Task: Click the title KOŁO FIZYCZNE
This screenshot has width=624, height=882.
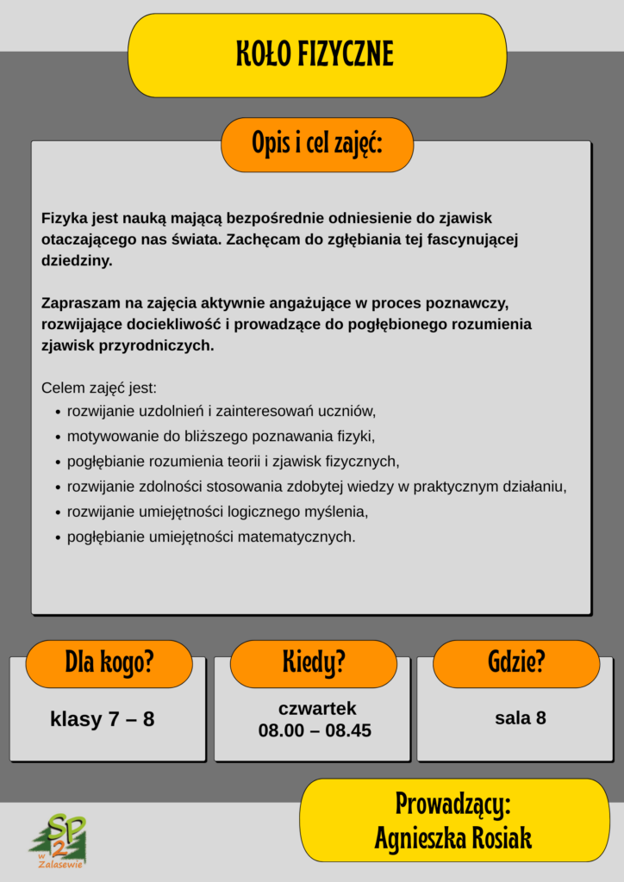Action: (315, 54)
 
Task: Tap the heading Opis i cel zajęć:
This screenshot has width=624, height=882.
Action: (317, 144)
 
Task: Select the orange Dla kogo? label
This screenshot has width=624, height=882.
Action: (109, 662)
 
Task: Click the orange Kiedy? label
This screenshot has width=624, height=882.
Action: (314, 662)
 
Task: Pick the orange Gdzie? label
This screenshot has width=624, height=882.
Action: (516, 662)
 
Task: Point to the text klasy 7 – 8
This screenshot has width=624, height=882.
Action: (103, 719)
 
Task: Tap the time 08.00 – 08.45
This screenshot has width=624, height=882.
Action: (315, 730)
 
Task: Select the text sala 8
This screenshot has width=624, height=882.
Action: (520, 717)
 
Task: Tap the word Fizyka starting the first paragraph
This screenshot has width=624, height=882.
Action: (64, 219)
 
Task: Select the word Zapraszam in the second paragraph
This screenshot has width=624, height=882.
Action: (78, 304)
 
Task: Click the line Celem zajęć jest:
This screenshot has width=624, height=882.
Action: (99, 388)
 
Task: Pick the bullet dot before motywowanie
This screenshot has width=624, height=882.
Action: (57, 437)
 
